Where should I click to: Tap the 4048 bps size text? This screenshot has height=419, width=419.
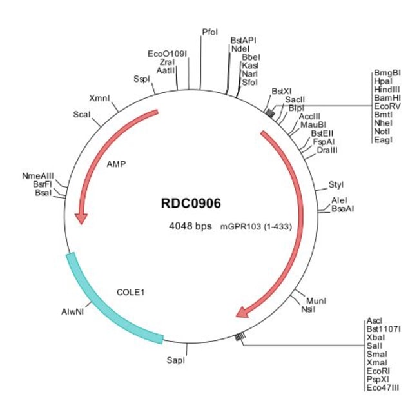point(191,226)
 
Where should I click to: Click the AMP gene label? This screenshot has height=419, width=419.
point(116,164)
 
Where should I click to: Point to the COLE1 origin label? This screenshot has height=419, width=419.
point(130,291)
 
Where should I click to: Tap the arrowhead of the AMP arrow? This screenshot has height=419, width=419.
point(81,218)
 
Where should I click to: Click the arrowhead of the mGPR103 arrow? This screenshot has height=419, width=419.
point(243,313)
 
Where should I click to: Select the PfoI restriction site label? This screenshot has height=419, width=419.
point(209,32)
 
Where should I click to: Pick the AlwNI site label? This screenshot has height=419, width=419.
point(73,311)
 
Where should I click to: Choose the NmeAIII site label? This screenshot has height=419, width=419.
point(38,175)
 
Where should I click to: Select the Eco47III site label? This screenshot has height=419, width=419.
point(382,388)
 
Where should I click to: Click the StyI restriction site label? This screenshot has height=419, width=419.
point(336,185)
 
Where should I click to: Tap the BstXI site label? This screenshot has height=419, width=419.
point(281,92)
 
